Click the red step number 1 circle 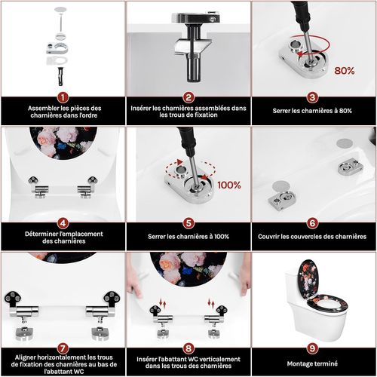click(63, 97)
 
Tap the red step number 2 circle click(188, 97)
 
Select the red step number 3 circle click(312, 97)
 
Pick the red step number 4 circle click(63, 223)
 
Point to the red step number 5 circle click(188, 223)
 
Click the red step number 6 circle click(312, 223)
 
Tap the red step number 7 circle click(63, 348)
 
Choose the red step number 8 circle click(188, 348)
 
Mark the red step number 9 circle click(312, 348)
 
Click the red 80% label click(345, 71)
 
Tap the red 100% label click(229, 185)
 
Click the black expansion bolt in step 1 click(60, 76)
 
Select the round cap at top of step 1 click(60, 10)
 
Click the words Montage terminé click(312, 363)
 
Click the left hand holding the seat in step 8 click(134, 287)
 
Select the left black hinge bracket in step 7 click(13, 299)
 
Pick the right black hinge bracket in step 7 click(112, 299)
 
